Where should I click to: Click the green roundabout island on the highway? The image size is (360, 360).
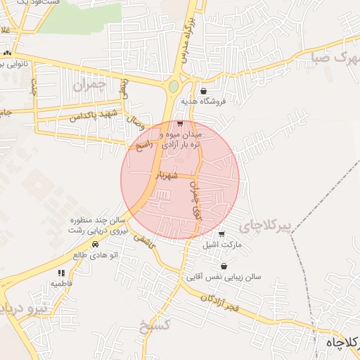click(x=173, y=86)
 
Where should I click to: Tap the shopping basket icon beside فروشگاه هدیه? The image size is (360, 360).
click(x=203, y=91)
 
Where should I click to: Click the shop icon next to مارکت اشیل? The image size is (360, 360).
click(x=222, y=234)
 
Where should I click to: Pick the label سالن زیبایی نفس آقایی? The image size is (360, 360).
click(x=224, y=277)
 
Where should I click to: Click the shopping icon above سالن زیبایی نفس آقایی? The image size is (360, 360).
click(x=224, y=266)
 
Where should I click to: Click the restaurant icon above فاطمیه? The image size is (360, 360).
click(x=61, y=272)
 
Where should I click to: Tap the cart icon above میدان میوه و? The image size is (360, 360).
click(x=180, y=124)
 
